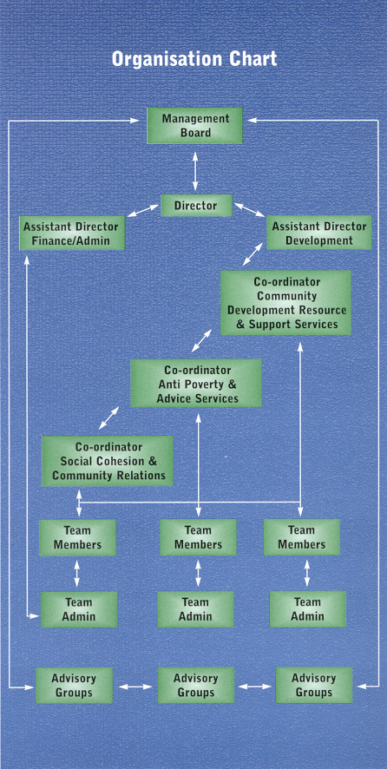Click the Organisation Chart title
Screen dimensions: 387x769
(194, 59)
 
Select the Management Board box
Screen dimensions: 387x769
(194, 126)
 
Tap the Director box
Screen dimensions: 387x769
(196, 206)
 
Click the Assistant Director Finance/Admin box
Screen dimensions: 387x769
(72, 233)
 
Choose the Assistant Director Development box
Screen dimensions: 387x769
(318, 233)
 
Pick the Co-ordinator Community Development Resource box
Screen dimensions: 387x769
(286, 303)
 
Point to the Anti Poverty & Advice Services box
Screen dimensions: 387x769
(196, 384)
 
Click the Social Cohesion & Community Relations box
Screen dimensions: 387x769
(108, 461)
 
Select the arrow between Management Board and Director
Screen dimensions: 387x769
(195, 171)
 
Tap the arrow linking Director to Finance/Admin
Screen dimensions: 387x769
(143, 212)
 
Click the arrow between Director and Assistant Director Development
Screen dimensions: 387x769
(250, 209)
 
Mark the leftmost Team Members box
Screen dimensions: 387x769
(77, 537)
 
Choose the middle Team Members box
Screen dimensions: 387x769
(198, 537)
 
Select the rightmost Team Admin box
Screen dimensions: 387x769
(307, 609)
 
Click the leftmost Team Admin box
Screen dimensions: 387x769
(78, 609)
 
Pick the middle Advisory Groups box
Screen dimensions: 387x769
(195, 685)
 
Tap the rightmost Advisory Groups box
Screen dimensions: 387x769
(314, 685)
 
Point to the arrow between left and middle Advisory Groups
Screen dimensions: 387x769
(136, 687)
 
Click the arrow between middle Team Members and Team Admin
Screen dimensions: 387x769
(198, 574)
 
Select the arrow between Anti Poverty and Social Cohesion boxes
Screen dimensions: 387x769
(108, 417)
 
